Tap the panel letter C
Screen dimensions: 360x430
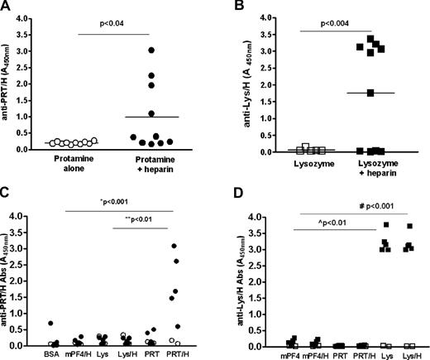[x=7, y=192]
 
